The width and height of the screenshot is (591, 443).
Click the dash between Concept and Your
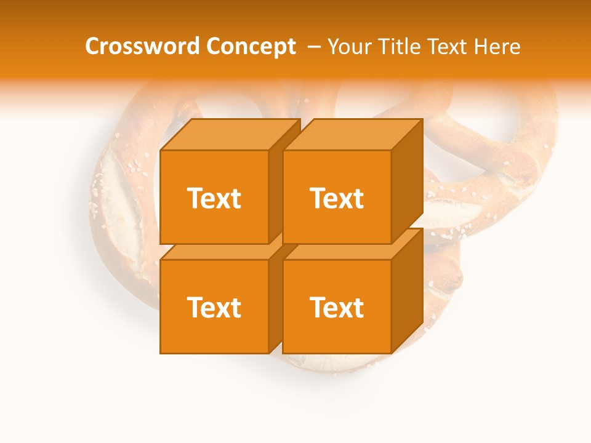[x=313, y=47]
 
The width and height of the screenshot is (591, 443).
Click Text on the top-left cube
[x=214, y=198]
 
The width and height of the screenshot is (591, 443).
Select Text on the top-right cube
[x=336, y=198]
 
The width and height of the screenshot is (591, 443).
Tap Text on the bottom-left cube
[x=214, y=307]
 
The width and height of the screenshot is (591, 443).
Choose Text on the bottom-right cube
[x=336, y=307]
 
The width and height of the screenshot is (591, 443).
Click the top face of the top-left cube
[x=230, y=134]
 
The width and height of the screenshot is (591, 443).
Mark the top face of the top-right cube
[x=352, y=134]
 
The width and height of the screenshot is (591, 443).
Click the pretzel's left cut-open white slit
[x=123, y=203]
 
